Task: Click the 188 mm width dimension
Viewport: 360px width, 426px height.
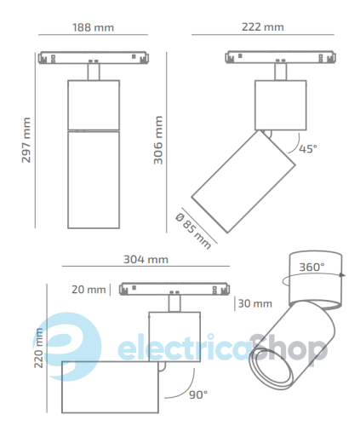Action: pos(93,27)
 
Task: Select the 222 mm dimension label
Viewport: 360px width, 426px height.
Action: pos(263,27)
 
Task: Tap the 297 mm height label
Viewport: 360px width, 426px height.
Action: pos(26,140)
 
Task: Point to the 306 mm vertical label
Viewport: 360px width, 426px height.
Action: pos(158,140)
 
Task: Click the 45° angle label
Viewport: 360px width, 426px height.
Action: pos(308,148)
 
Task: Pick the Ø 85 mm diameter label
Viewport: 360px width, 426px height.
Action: pos(193,231)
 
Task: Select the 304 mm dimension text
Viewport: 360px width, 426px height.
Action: pos(146,259)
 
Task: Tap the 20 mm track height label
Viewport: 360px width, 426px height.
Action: pos(89,290)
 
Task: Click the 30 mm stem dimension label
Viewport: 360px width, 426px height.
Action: pos(255,303)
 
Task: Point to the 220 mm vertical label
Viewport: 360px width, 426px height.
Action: pos(38,348)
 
